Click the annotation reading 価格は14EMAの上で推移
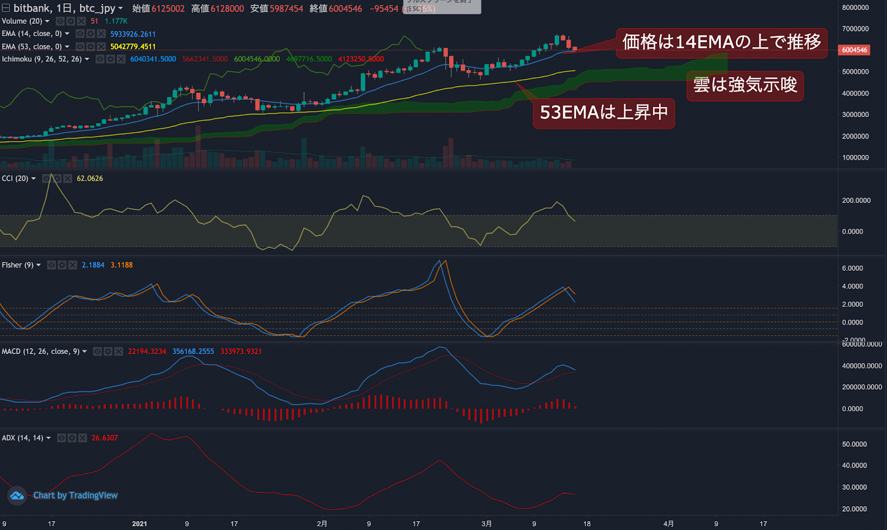721,42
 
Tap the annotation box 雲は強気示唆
745,85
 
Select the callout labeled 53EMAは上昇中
604,113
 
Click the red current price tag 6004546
854,50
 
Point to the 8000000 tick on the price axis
855,8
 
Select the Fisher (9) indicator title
18,265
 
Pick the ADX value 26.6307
105,438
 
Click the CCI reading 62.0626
90,178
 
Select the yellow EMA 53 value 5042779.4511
133,47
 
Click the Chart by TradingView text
75,495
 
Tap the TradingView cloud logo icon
17,495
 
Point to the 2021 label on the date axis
140,523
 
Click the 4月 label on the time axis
669,523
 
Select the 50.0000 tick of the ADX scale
854,444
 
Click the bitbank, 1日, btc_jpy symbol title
64,8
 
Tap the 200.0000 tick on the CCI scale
856,200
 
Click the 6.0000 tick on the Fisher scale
853,268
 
